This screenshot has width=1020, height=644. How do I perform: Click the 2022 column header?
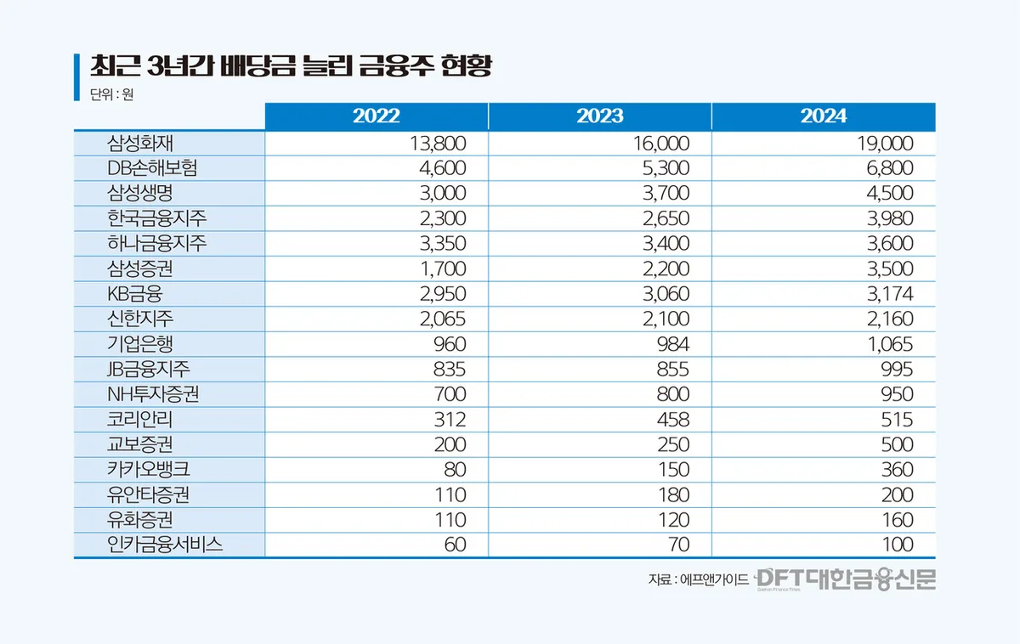tap(376, 117)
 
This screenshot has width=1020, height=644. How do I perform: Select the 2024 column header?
tap(823, 117)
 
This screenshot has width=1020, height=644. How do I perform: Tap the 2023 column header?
tap(599, 117)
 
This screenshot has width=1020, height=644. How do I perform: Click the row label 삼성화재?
tap(140, 144)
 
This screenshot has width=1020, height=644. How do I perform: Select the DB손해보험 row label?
tap(152, 168)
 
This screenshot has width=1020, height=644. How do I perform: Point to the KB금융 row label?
tap(135, 294)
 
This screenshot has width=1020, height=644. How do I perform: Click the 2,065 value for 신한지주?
tap(439, 319)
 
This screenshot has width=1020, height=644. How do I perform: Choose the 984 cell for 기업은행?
tap(671, 344)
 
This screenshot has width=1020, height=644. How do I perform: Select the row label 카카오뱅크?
tap(147, 470)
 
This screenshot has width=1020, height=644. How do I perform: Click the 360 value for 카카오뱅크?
tap(897, 470)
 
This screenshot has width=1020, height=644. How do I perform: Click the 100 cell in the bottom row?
tap(897, 545)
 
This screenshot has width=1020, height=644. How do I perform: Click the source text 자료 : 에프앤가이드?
tap(698, 580)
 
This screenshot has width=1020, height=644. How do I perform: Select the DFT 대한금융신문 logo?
tap(846, 579)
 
